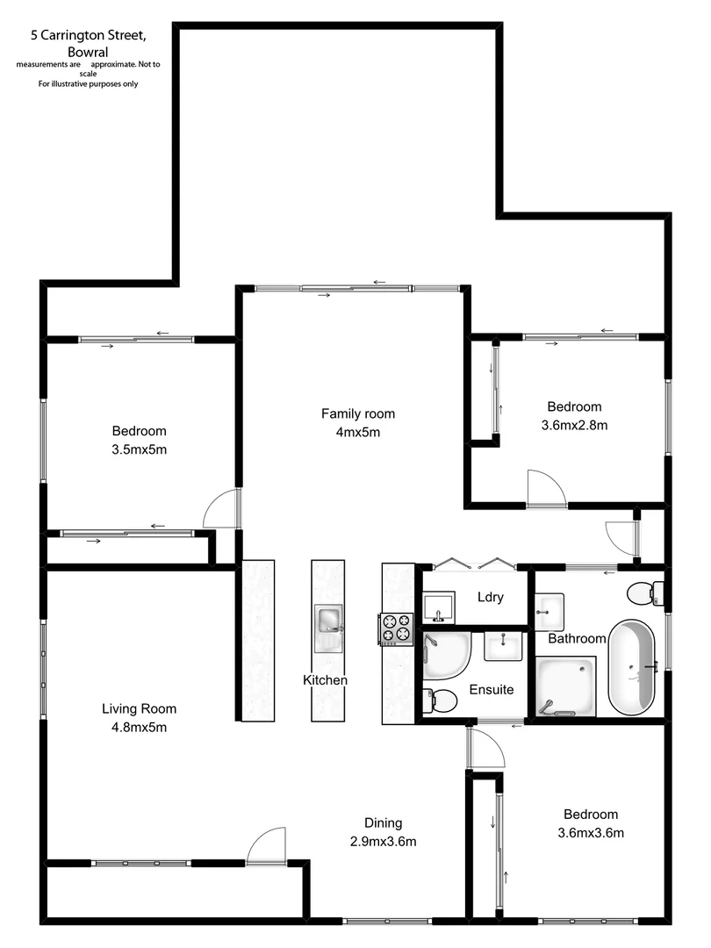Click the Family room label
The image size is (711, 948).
pyautogui.click(x=357, y=413)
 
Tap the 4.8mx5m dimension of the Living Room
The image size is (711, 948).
pyautogui.click(x=139, y=727)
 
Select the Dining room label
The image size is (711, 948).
pyautogui.click(x=384, y=822)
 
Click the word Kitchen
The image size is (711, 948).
pyautogui.click(x=325, y=680)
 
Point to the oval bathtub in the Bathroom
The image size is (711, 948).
pyautogui.click(x=632, y=668)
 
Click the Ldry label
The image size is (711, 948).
pyautogui.click(x=490, y=597)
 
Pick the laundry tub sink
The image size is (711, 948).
pyautogui.click(x=438, y=607)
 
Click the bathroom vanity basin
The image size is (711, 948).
pyautogui.click(x=550, y=606)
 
